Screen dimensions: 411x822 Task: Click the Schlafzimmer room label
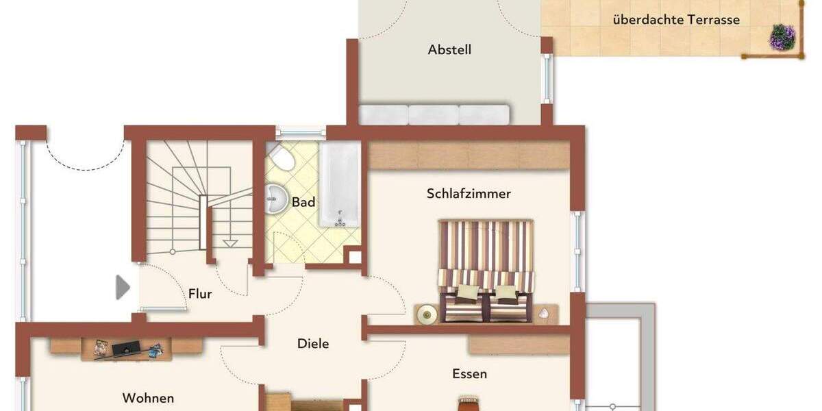coord(469,194)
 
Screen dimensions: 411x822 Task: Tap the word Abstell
coord(449,50)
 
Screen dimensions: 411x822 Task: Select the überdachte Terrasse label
coord(676,20)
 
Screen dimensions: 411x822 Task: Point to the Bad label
coord(303,202)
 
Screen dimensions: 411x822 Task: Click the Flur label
coord(200,294)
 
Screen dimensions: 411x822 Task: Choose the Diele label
coord(312,343)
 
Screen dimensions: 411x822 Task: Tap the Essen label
coord(469,374)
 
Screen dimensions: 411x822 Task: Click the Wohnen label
coord(148,398)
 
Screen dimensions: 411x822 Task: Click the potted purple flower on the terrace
coord(782,37)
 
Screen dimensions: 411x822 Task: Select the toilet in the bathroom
coord(280,158)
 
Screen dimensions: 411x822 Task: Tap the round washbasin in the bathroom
coord(277,198)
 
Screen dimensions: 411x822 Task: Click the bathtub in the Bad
coord(339,184)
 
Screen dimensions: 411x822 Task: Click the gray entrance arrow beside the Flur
coord(123,287)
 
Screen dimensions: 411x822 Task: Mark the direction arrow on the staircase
coord(231,242)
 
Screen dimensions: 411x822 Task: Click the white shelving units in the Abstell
coord(434,114)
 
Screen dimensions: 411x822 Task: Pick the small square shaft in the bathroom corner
coord(354,257)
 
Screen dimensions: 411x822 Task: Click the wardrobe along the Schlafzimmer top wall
coord(469,155)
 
